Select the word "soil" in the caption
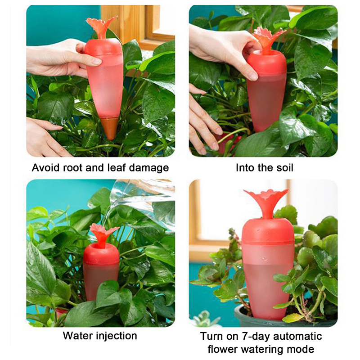[x=285, y=167]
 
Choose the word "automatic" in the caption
[x=297, y=336]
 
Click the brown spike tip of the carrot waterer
[x=110, y=128]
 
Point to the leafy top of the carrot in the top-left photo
[x=101, y=27]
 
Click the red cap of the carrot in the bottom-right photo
[x=268, y=231]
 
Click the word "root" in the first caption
[x=72, y=168]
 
